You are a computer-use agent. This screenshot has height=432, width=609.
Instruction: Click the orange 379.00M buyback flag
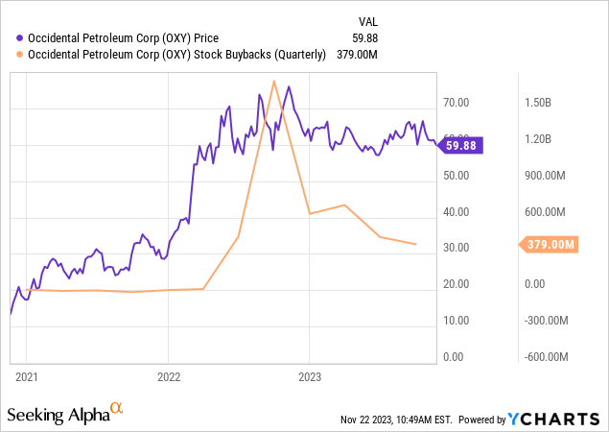(x=550, y=245)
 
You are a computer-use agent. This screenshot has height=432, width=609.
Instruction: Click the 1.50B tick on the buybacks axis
(x=538, y=103)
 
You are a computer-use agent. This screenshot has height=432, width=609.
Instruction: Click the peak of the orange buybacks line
(x=274, y=81)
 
